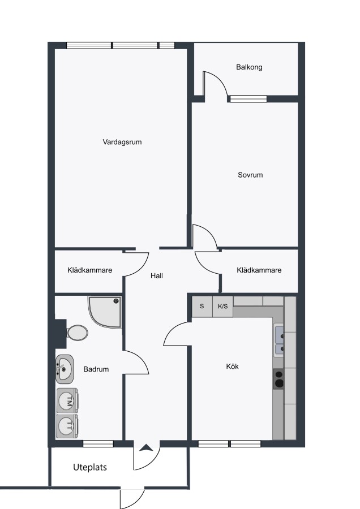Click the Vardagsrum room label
point(122,142)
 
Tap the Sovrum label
point(250,175)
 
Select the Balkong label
point(249,67)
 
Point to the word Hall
point(157,276)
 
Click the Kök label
point(232,366)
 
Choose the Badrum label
point(96,369)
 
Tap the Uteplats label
point(90,467)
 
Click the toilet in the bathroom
point(78,333)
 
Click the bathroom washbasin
point(65,369)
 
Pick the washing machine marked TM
point(67,401)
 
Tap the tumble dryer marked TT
point(67,426)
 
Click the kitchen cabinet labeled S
point(202,307)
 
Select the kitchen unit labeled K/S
point(223,307)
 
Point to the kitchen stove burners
point(278,379)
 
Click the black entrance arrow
point(146,448)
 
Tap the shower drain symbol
point(116,301)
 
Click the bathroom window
point(98,444)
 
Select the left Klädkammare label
point(89,270)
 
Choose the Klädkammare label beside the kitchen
point(259,270)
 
